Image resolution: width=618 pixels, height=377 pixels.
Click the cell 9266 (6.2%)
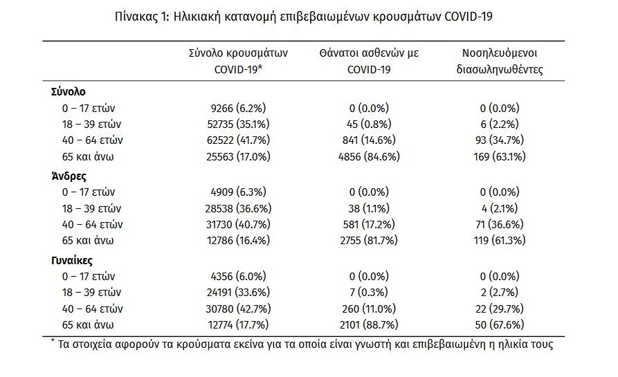pos(238,108)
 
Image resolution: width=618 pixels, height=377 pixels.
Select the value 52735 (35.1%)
pos(238,124)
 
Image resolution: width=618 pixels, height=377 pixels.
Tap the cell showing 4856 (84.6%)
pos(369,156)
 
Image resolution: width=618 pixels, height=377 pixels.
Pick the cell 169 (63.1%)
pos(500,156)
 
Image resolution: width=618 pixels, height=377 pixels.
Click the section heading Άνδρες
pos(69,176)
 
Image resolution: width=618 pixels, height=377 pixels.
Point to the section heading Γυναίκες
pos(72,260)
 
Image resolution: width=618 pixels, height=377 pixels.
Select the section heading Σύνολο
pos(69,91)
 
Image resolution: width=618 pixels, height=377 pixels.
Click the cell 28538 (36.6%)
pos(238,208)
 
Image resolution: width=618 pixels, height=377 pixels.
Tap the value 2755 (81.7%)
pos(369,240)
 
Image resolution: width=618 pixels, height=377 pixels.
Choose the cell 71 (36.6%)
pos(500,224)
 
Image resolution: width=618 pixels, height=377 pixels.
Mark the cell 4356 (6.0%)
pos(238,276)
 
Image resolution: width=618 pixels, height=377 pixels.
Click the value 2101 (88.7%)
pos(369,324)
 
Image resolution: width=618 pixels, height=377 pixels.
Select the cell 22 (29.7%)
pos(500,309)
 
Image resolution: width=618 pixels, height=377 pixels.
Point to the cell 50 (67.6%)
pos(500,324)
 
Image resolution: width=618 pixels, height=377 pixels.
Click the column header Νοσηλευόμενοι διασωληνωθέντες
pos(500,61)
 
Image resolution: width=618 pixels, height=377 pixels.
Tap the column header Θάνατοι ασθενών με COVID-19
pos(369,61)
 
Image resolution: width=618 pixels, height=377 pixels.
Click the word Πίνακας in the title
pos(136,17)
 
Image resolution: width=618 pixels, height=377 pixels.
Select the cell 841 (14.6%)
pos(369,140)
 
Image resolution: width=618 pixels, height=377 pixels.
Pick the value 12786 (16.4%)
pos(238,240)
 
